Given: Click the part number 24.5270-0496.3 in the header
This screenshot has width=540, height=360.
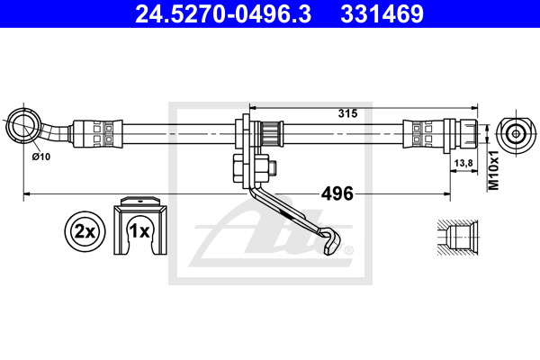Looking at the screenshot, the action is (x=223, y=13).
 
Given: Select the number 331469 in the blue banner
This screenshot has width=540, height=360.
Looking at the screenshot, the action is (x=382, y=13).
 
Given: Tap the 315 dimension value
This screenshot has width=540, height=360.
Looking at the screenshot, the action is (x=347, y=113).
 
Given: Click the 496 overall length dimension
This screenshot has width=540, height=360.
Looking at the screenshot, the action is (x=337, y=193).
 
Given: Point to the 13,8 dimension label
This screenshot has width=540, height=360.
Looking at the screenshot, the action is (x=463, y=163).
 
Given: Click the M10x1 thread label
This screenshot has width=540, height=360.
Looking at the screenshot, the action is (x=494, y=170).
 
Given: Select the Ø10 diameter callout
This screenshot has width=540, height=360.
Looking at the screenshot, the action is (x=41, y=157).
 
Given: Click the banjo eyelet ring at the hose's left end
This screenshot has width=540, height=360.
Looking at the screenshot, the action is (x=22, y=124).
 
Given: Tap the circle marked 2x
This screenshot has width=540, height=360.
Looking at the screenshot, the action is (x=85, y=231).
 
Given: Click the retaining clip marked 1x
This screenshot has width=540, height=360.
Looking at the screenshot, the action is (x=140, y=226).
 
